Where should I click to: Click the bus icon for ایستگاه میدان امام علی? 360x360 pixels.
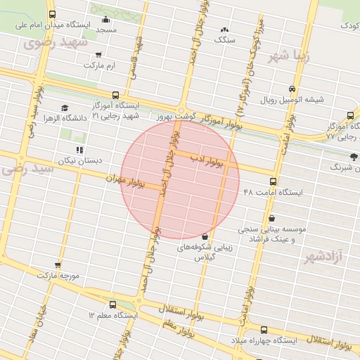pyautogui.click(x=53, y=14)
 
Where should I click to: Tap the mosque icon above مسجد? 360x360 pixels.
pyautogui.click(x=106, y=20)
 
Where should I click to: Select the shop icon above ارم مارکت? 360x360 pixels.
pyautogui.click(x=98, y=54)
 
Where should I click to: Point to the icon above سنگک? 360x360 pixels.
pyautogui.click(x=224, y=30)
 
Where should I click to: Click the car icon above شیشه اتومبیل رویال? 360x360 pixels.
pyautogui.click(x=292, y=89)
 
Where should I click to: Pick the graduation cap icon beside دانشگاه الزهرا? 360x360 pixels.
pyautogui.click(x=65, y=108)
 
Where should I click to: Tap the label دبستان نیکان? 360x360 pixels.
pyautogui.click(x=80, y=160)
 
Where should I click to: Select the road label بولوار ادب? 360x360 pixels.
pyautogui.click(x=207, y=161)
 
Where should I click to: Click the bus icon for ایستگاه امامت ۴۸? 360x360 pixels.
pyautogui.click(x=273, y=181)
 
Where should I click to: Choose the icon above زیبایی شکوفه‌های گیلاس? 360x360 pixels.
pyautogui.click(x=205, y=236)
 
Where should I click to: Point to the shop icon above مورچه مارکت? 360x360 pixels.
pyautogui.click(x=58, y=265)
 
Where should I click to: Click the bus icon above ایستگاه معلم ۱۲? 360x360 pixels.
pyautogui.click(x=112, y=304)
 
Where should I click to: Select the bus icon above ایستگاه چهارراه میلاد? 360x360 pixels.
pyautogui.click(x=264, y=329)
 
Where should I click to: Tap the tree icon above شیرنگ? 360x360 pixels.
pyautogui.click(x=353, y=157)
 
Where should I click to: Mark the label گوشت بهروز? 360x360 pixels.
pyautogui.click(x=174, y=115)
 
